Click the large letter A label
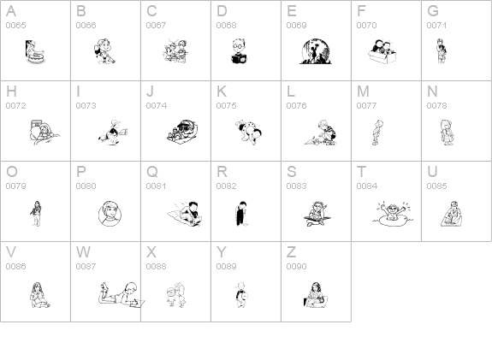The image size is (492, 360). (x=11, y=11)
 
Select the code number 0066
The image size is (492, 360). (x=86, y=26)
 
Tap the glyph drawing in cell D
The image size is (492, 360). (x=240, y=51)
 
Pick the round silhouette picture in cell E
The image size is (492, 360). (x=316, y=51)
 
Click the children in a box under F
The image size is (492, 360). (x=382, y=52)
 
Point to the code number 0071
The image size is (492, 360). (x=436, y=26)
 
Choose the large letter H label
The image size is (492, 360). (x=11, y=91)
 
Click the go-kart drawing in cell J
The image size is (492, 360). (x=182, y=132)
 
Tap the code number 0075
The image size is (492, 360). (x=226, y=106)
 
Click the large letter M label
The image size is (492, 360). (x=363, y=91)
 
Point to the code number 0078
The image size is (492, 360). (x=436, y=106)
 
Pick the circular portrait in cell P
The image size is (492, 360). (x=110, y=214)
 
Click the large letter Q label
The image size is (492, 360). (x=152, y=172)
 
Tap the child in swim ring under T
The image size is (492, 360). (x=393, y=213)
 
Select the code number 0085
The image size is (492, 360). (x=436, y=186)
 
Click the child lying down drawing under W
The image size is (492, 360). (x=122, y=294)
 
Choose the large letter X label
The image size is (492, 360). (x=151, y=252)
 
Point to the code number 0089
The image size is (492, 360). (x=226, y=266)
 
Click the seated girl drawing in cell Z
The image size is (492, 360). (x=316, y=295)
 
